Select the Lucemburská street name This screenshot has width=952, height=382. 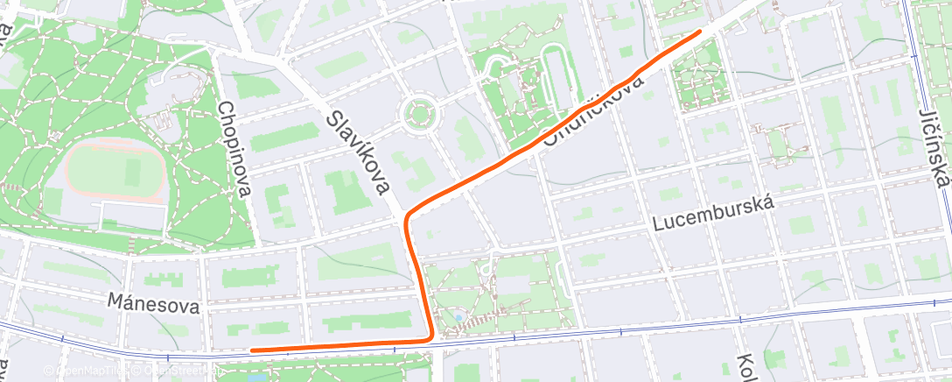click(714, 216)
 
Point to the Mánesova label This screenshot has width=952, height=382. click(153, 304)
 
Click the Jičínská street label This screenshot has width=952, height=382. click(934, 149)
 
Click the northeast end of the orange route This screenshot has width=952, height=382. click(699, 32)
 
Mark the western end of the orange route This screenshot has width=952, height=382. click(252, 350)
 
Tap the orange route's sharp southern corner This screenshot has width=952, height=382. click(430, 337)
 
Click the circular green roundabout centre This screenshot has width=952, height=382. click(418, 113)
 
